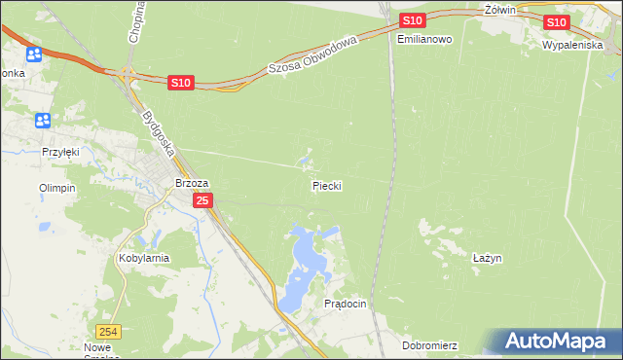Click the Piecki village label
point(327,185)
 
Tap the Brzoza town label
point(192,182)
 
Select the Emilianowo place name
point(425,39)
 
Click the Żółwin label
point(498,9)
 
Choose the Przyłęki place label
point(59,152)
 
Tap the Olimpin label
point(56,188)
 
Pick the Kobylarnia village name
point(144,258)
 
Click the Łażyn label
point(486,258)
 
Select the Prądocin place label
point(345,304)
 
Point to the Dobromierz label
point(429,345)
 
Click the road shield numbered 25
point(202,200)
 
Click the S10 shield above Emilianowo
point(412,20)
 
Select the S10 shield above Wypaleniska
point(556,22)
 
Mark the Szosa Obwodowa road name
point(313,54)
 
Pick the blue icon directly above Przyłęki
point(43,120)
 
